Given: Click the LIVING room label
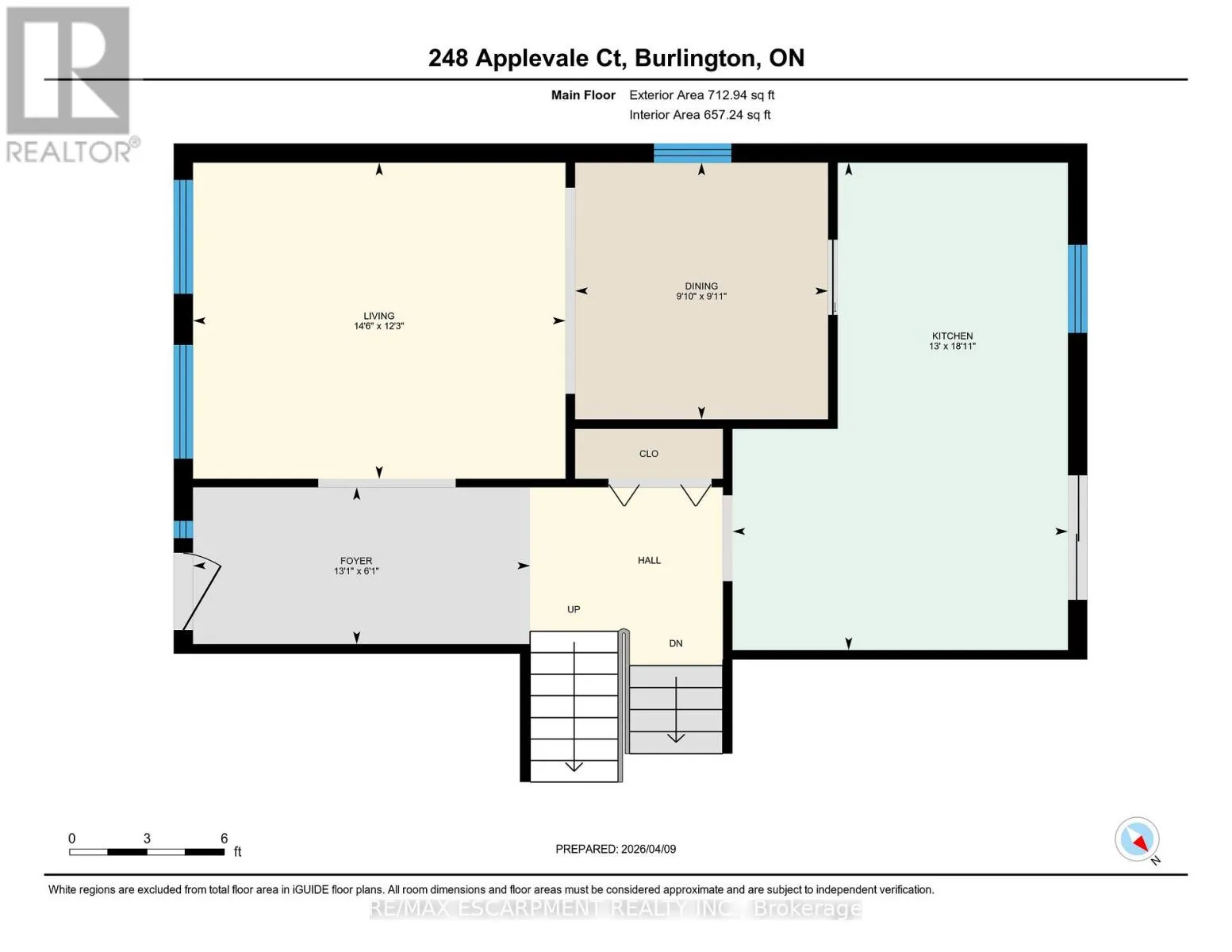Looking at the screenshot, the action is [378, 316].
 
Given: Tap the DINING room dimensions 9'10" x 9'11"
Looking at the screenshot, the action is [700, 296].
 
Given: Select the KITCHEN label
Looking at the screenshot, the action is [952, 336].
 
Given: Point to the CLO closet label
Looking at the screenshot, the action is [649, 454].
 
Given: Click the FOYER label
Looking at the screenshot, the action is [356, 561].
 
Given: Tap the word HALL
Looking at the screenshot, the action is [649, 560].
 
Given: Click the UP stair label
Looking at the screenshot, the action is [574, 609].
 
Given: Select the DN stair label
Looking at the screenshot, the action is [676, 643].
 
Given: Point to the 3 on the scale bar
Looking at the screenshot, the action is [147, 839].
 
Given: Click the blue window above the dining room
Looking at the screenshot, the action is [693, 153].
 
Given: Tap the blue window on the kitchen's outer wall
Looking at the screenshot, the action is [1077, 289].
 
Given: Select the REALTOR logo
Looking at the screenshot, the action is [69, 84].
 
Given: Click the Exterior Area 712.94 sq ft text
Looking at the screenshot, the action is [701, 95].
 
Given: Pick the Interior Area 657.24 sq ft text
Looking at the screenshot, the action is [700, 115].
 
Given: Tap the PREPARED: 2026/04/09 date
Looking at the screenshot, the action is [616, 849].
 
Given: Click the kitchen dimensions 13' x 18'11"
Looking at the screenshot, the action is [952, 346].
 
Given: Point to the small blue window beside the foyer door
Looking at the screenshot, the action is [183, 530].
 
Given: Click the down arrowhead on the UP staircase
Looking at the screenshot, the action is [574, 766].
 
